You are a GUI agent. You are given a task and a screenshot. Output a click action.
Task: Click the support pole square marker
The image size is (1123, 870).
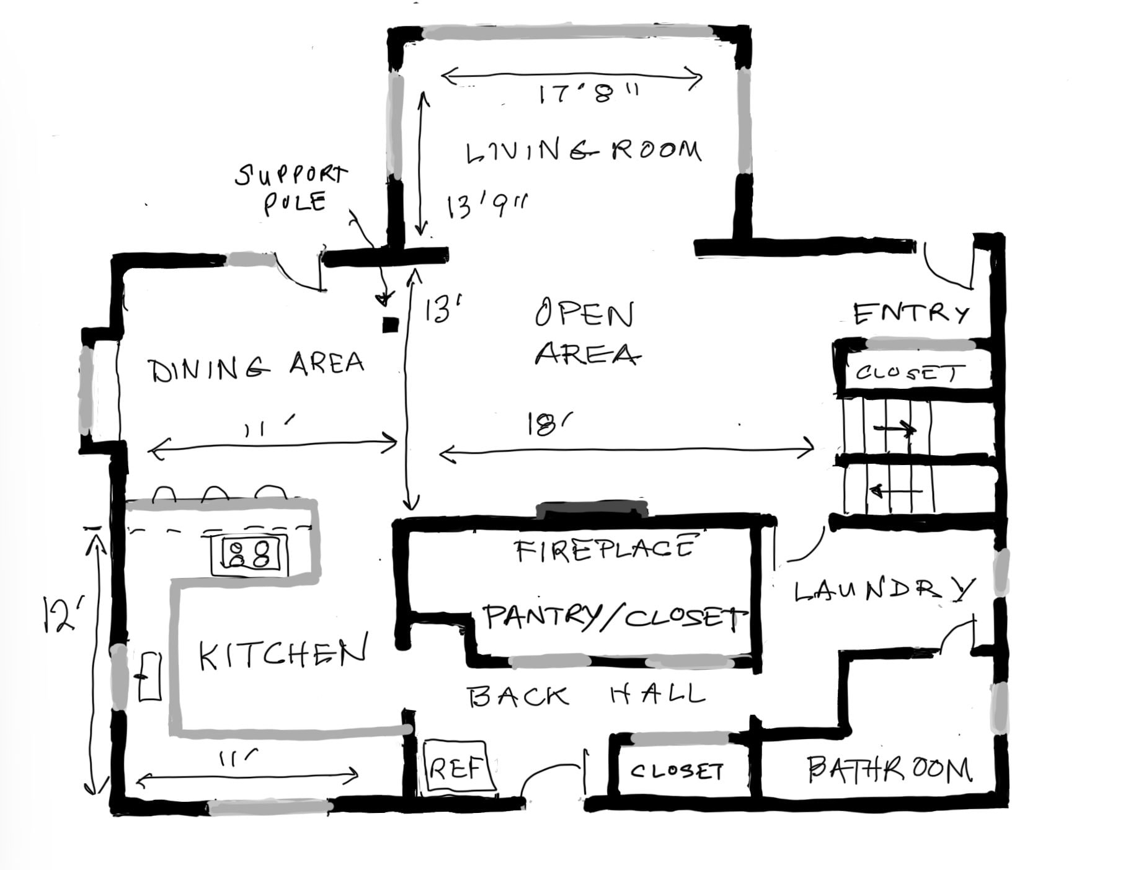[x=389, y=324]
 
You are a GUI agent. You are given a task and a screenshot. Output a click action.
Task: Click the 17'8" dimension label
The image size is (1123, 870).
[x=587, y=94]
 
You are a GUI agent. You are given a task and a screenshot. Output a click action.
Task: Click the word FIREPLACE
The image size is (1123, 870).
[x=605, y=549]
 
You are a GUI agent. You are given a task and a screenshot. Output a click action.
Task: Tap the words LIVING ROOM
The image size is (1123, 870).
[x=583, y=151]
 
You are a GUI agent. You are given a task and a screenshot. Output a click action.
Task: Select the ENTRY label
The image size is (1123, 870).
[x=910, y=313]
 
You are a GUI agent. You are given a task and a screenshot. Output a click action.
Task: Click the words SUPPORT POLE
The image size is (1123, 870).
[x=291, y=188]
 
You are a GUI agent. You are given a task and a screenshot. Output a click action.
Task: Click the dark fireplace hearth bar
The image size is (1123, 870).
[x=592, y=510]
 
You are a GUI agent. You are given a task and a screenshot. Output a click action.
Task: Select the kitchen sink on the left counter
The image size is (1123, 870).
[x=149, y=677]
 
